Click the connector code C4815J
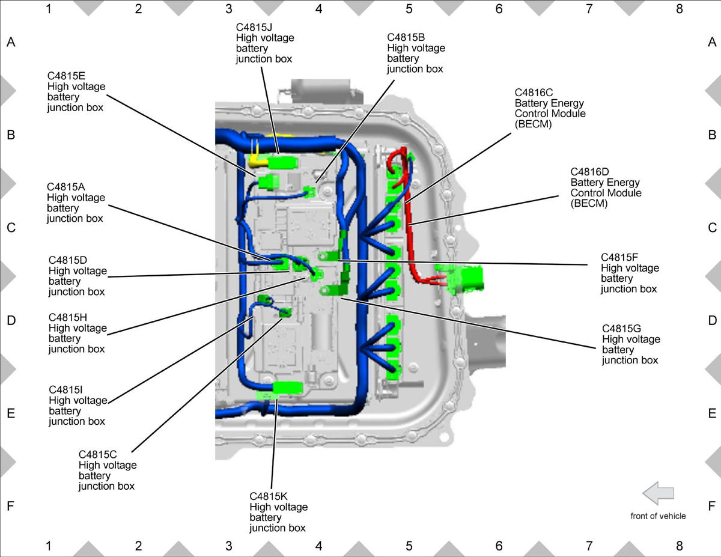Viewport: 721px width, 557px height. click(x=254, y=27)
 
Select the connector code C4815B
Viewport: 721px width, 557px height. click(x=406, y=37)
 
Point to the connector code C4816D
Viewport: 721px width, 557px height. click(x=589, y=171)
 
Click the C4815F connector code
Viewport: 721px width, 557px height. click(x=619, y=257)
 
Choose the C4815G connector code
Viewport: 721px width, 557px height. click(x=621, y=329)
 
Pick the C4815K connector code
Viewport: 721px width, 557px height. click(x=269, y=496)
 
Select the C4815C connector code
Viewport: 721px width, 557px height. click(x=97, y=454)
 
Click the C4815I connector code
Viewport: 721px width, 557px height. click(x=65, y=389)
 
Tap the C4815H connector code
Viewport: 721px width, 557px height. click(x=68, y=317)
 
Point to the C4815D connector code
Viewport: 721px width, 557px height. click(x=68, y=260)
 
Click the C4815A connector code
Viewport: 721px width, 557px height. click(x=66, y=187)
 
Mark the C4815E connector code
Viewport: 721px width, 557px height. click(x=66, y=76)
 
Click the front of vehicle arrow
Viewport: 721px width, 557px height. click(x=658, y=493)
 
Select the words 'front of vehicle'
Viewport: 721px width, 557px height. click(x=658, y=516)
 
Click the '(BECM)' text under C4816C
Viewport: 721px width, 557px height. click(x=533, y=124)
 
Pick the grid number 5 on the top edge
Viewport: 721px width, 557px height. click(x=409, y=9)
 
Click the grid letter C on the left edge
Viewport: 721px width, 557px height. click(x=11, y=228)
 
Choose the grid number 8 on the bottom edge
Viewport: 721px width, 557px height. click(x=680, y=546)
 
